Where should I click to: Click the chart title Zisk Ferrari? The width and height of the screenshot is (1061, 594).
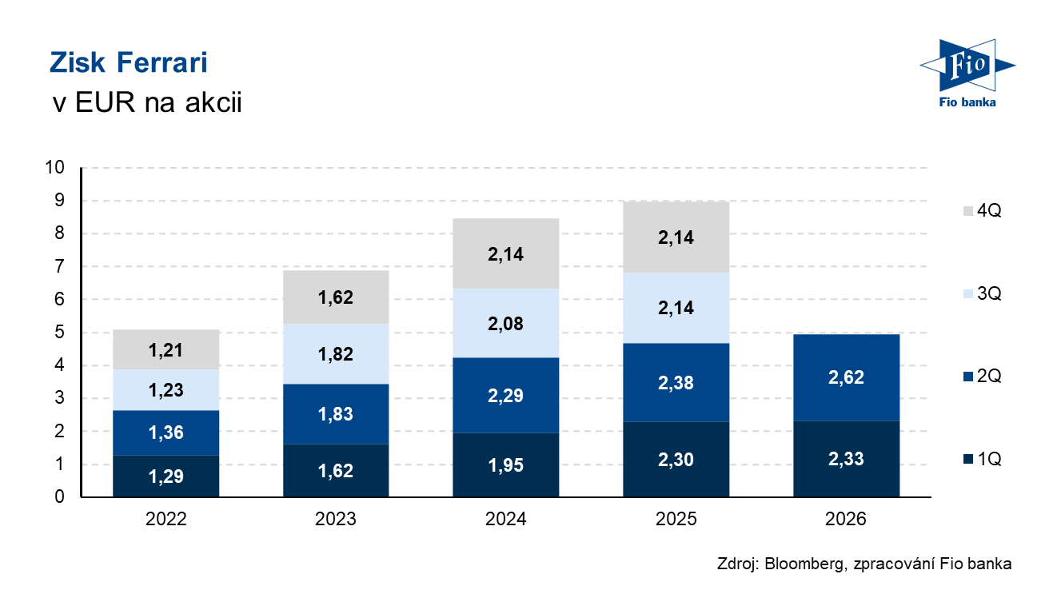pos(129,62)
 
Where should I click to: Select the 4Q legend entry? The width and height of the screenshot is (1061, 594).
pos(982,210)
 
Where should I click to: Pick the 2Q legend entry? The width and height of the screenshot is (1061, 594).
pos(982,376)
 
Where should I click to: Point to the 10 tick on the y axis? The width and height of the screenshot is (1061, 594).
pos(54,167)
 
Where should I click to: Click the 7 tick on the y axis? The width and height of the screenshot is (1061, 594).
pos(59,266)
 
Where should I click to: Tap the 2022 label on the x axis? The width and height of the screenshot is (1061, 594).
pos(166,519)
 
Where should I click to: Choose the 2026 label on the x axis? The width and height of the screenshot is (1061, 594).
pos(845,519)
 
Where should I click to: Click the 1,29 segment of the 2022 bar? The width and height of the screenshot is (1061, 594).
pos(166,476)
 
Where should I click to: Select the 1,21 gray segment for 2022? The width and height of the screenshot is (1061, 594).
pos(166,349)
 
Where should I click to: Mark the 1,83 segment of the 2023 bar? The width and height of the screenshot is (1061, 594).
pos(336,414)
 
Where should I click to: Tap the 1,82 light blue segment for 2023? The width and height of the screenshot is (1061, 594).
pos(336,354)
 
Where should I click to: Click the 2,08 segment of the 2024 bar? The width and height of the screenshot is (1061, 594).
pos(506,324)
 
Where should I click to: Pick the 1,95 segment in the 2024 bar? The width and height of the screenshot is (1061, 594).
pos(506,465)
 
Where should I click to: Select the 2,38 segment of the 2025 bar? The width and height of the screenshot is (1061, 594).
pos(676,382)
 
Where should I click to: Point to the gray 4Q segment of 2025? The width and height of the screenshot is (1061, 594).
pos(676,237)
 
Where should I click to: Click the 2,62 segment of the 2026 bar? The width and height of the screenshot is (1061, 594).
pos(847,377)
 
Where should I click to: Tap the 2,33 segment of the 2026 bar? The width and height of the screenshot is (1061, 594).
pos(847,459)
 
